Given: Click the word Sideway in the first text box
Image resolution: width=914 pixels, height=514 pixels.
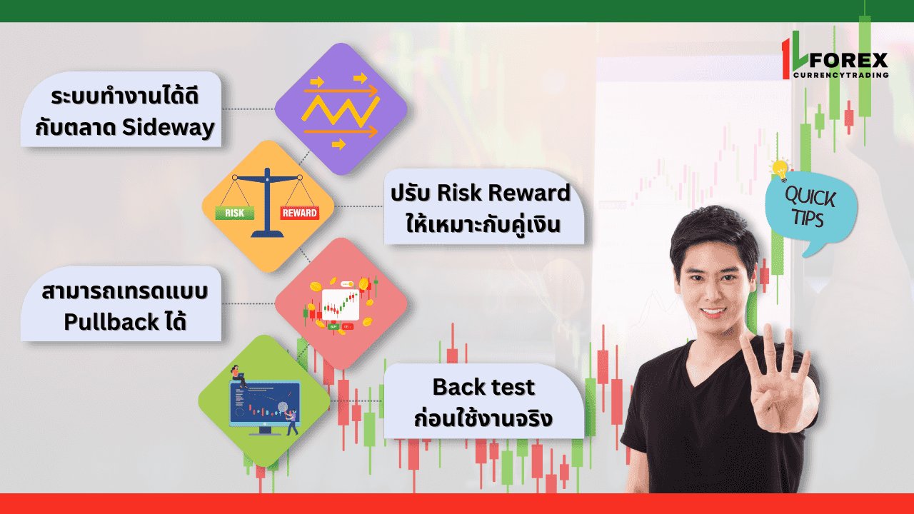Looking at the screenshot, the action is (x=169, y=128).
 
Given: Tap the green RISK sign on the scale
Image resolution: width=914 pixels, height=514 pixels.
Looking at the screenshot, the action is (x=235, y=213).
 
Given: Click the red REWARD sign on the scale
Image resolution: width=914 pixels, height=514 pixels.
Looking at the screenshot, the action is (x=299, y=213).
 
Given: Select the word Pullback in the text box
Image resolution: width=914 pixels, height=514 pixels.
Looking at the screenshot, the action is (x=111, y=322).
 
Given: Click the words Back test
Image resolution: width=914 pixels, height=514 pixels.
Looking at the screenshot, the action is (x=483, y=387).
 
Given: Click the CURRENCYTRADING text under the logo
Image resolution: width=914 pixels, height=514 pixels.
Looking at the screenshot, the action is (x=841, y=75).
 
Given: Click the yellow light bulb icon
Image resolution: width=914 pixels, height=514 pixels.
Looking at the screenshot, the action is (x=780, y=170).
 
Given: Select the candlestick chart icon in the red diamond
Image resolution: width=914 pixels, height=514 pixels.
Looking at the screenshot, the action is (x=341, y=305).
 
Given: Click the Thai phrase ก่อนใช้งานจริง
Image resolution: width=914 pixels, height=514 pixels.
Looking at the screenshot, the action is (x=483, y=418).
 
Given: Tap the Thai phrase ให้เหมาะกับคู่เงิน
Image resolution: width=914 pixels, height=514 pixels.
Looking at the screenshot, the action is (x=483, y=224).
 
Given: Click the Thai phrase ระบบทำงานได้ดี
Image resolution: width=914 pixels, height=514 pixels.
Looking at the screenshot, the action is (x=125, y=96).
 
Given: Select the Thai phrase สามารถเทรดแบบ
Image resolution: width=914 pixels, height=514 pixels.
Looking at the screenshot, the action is (x=125, y=291).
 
